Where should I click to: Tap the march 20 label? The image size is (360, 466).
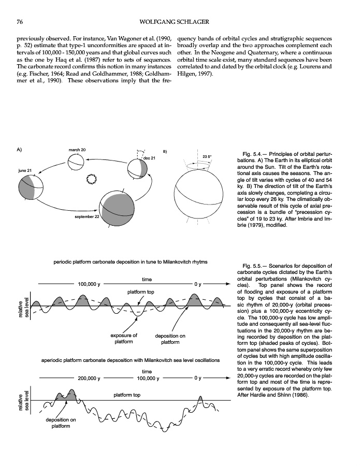pos(77,150)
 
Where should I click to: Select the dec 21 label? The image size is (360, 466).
pos(149,158)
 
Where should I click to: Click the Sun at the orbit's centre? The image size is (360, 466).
pos(92,179)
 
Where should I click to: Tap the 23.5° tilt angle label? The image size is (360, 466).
pos(208,156)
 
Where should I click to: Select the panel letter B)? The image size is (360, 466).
pos(165,151)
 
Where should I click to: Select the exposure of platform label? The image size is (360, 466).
pos(123,339)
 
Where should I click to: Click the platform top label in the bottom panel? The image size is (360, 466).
pos(127,396)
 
